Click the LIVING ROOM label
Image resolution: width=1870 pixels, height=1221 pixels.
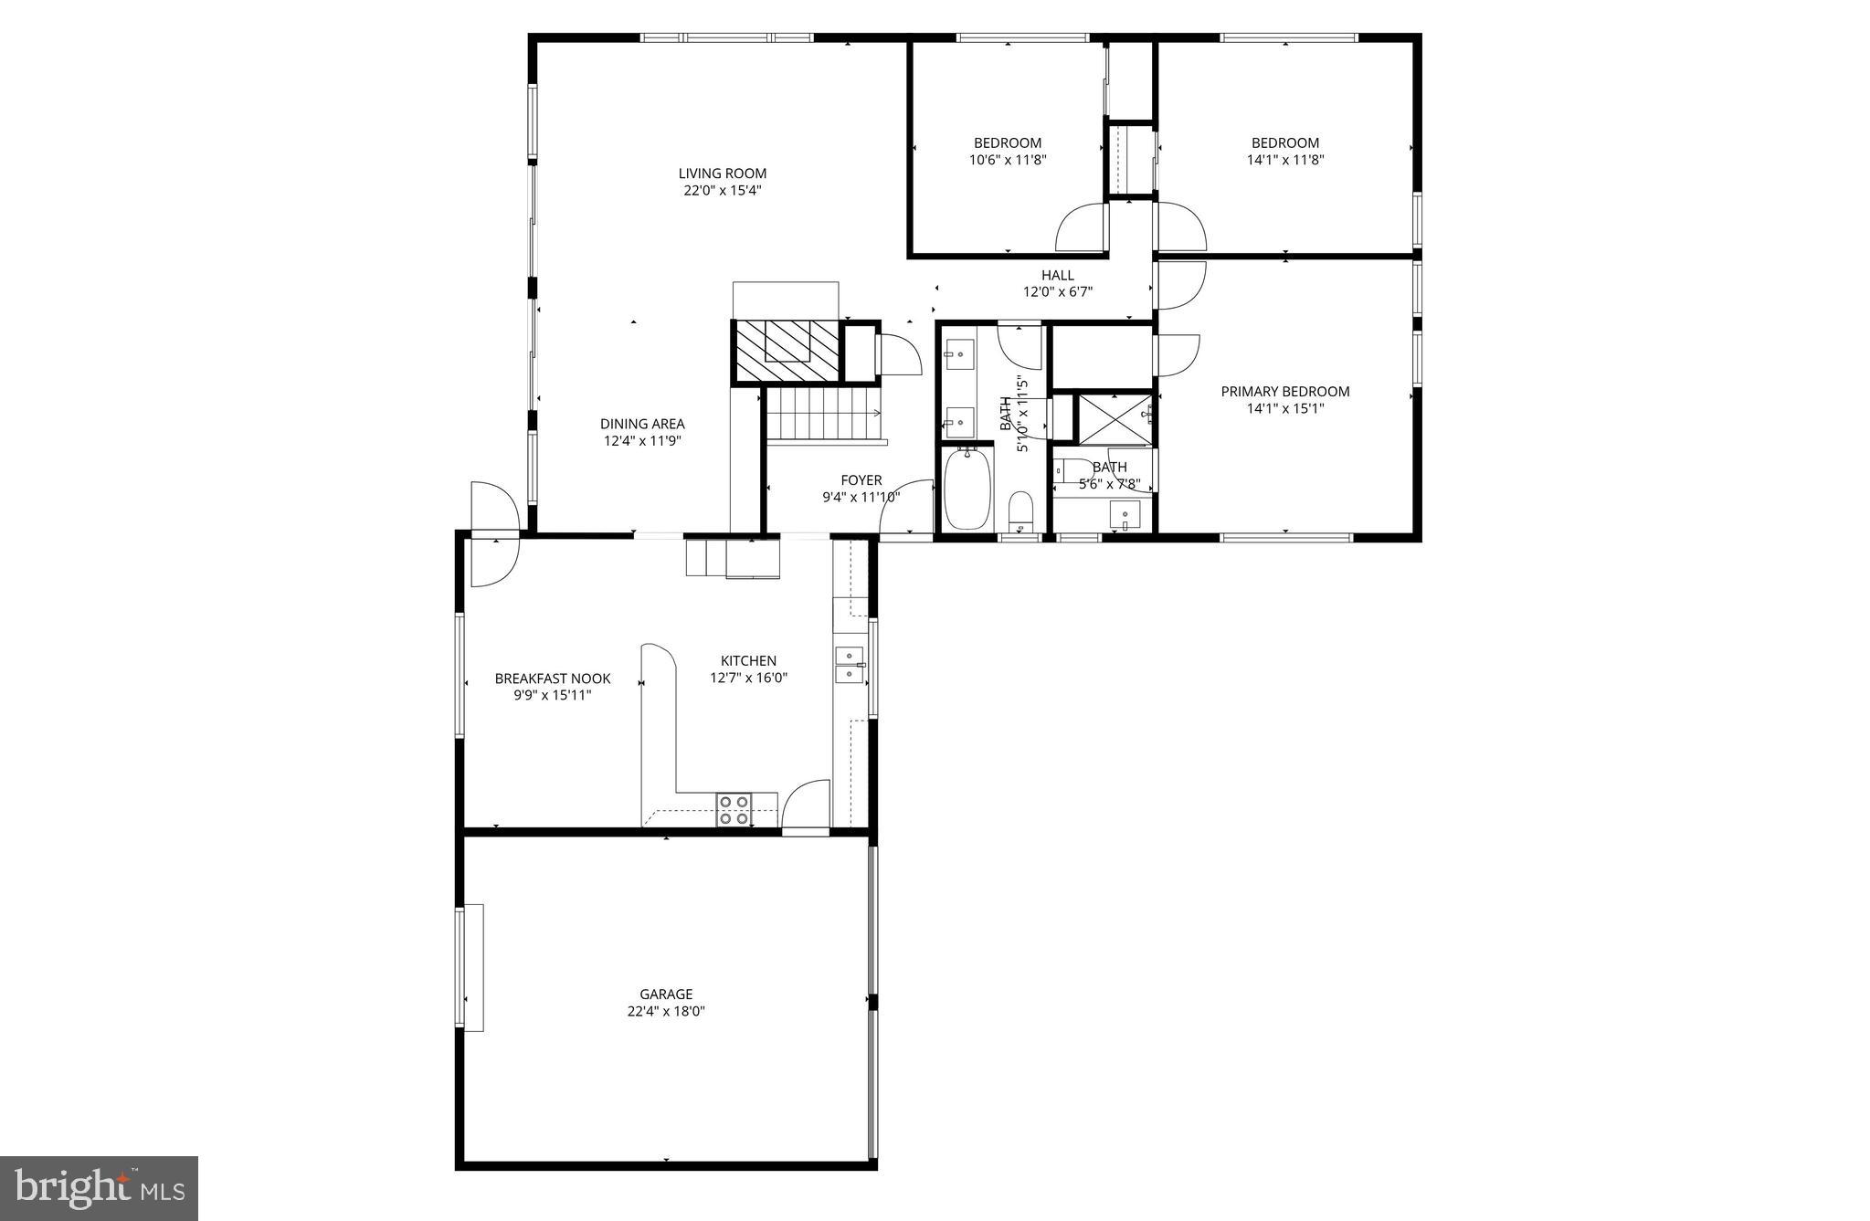[722, 174]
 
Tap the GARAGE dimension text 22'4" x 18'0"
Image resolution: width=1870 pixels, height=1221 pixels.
[665, 1011]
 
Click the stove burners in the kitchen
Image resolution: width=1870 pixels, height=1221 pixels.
[734, 810]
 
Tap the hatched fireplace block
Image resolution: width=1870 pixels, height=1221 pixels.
[786, 353]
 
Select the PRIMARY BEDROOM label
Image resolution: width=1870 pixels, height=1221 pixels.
[1284, 392]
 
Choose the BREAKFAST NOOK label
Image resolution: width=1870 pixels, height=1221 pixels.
[552, 679]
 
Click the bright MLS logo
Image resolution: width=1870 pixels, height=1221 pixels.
[100, 1187]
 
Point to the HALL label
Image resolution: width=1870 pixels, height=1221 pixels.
[1057, 275]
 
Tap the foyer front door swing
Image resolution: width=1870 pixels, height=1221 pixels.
[904, 510]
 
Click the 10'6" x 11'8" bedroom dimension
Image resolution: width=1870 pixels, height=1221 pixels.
[1007, 160]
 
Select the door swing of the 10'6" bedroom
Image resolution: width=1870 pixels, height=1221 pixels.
[1082, 228]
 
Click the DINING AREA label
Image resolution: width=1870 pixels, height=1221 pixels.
[641, 424]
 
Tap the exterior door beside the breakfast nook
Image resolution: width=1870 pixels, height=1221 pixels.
[494, 534]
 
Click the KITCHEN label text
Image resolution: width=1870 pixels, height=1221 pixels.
[748, 661]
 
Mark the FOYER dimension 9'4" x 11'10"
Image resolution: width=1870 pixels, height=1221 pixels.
[861, 498]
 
